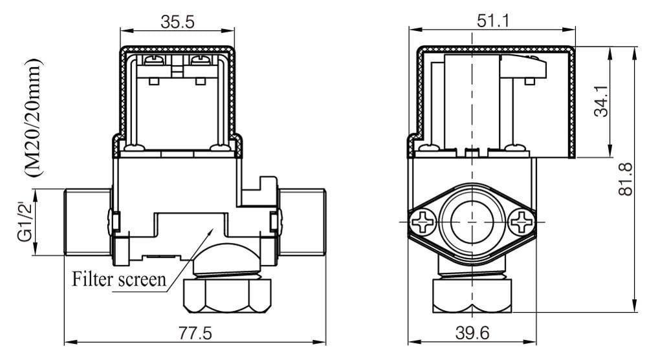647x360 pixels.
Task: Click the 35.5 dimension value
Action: [177, 21]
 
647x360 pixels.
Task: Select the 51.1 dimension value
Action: [493, 21]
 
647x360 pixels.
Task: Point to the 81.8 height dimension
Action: [626, 179]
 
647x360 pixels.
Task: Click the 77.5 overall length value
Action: [195, 333]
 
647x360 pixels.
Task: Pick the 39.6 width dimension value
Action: [472, 333]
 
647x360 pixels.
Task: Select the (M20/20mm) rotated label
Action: [34, 118]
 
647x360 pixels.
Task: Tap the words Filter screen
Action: [119, 279]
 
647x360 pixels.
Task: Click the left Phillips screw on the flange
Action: [424, 222]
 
